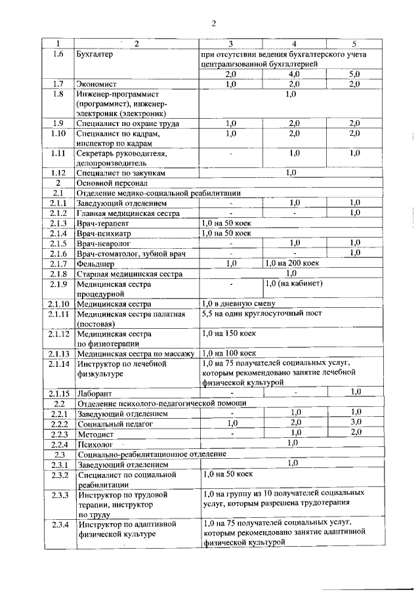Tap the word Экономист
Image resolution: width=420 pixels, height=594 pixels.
pos(98,84)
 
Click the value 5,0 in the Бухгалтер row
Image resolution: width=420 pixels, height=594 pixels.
pos(355,74)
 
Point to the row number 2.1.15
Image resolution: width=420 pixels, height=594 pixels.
pos(58,392)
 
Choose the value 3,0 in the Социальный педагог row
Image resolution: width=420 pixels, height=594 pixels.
pos(355,423)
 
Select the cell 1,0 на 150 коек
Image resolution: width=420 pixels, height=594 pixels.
pos(230,333)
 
